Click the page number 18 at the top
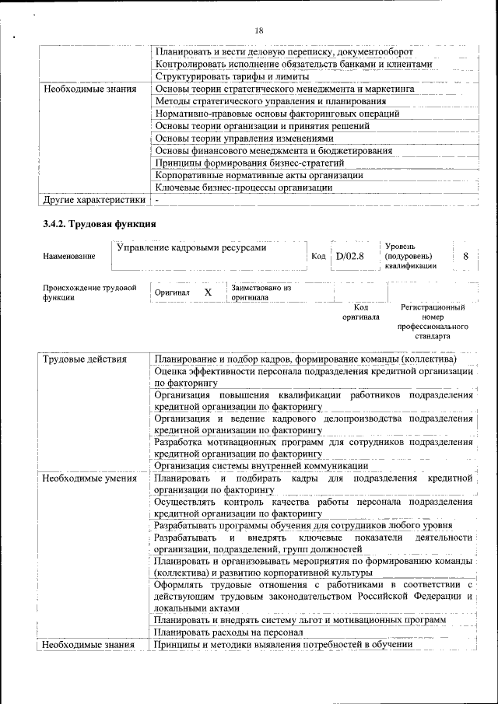click(x=259, y=30)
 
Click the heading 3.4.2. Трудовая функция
click(x=99, y=224)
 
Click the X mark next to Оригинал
click(x=208, y=292)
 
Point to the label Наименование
click(x=69, y=256)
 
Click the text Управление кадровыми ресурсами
click(x=191, y=248)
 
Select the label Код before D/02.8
click(x=318, y=256)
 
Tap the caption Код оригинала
click(x=360, y=312)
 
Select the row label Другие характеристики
click(x=93, y=200)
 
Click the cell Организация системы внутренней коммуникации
click(x=260, y=465)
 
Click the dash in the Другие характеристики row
click(x=156, y=200)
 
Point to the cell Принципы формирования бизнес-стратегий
click(x=249, y=163)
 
